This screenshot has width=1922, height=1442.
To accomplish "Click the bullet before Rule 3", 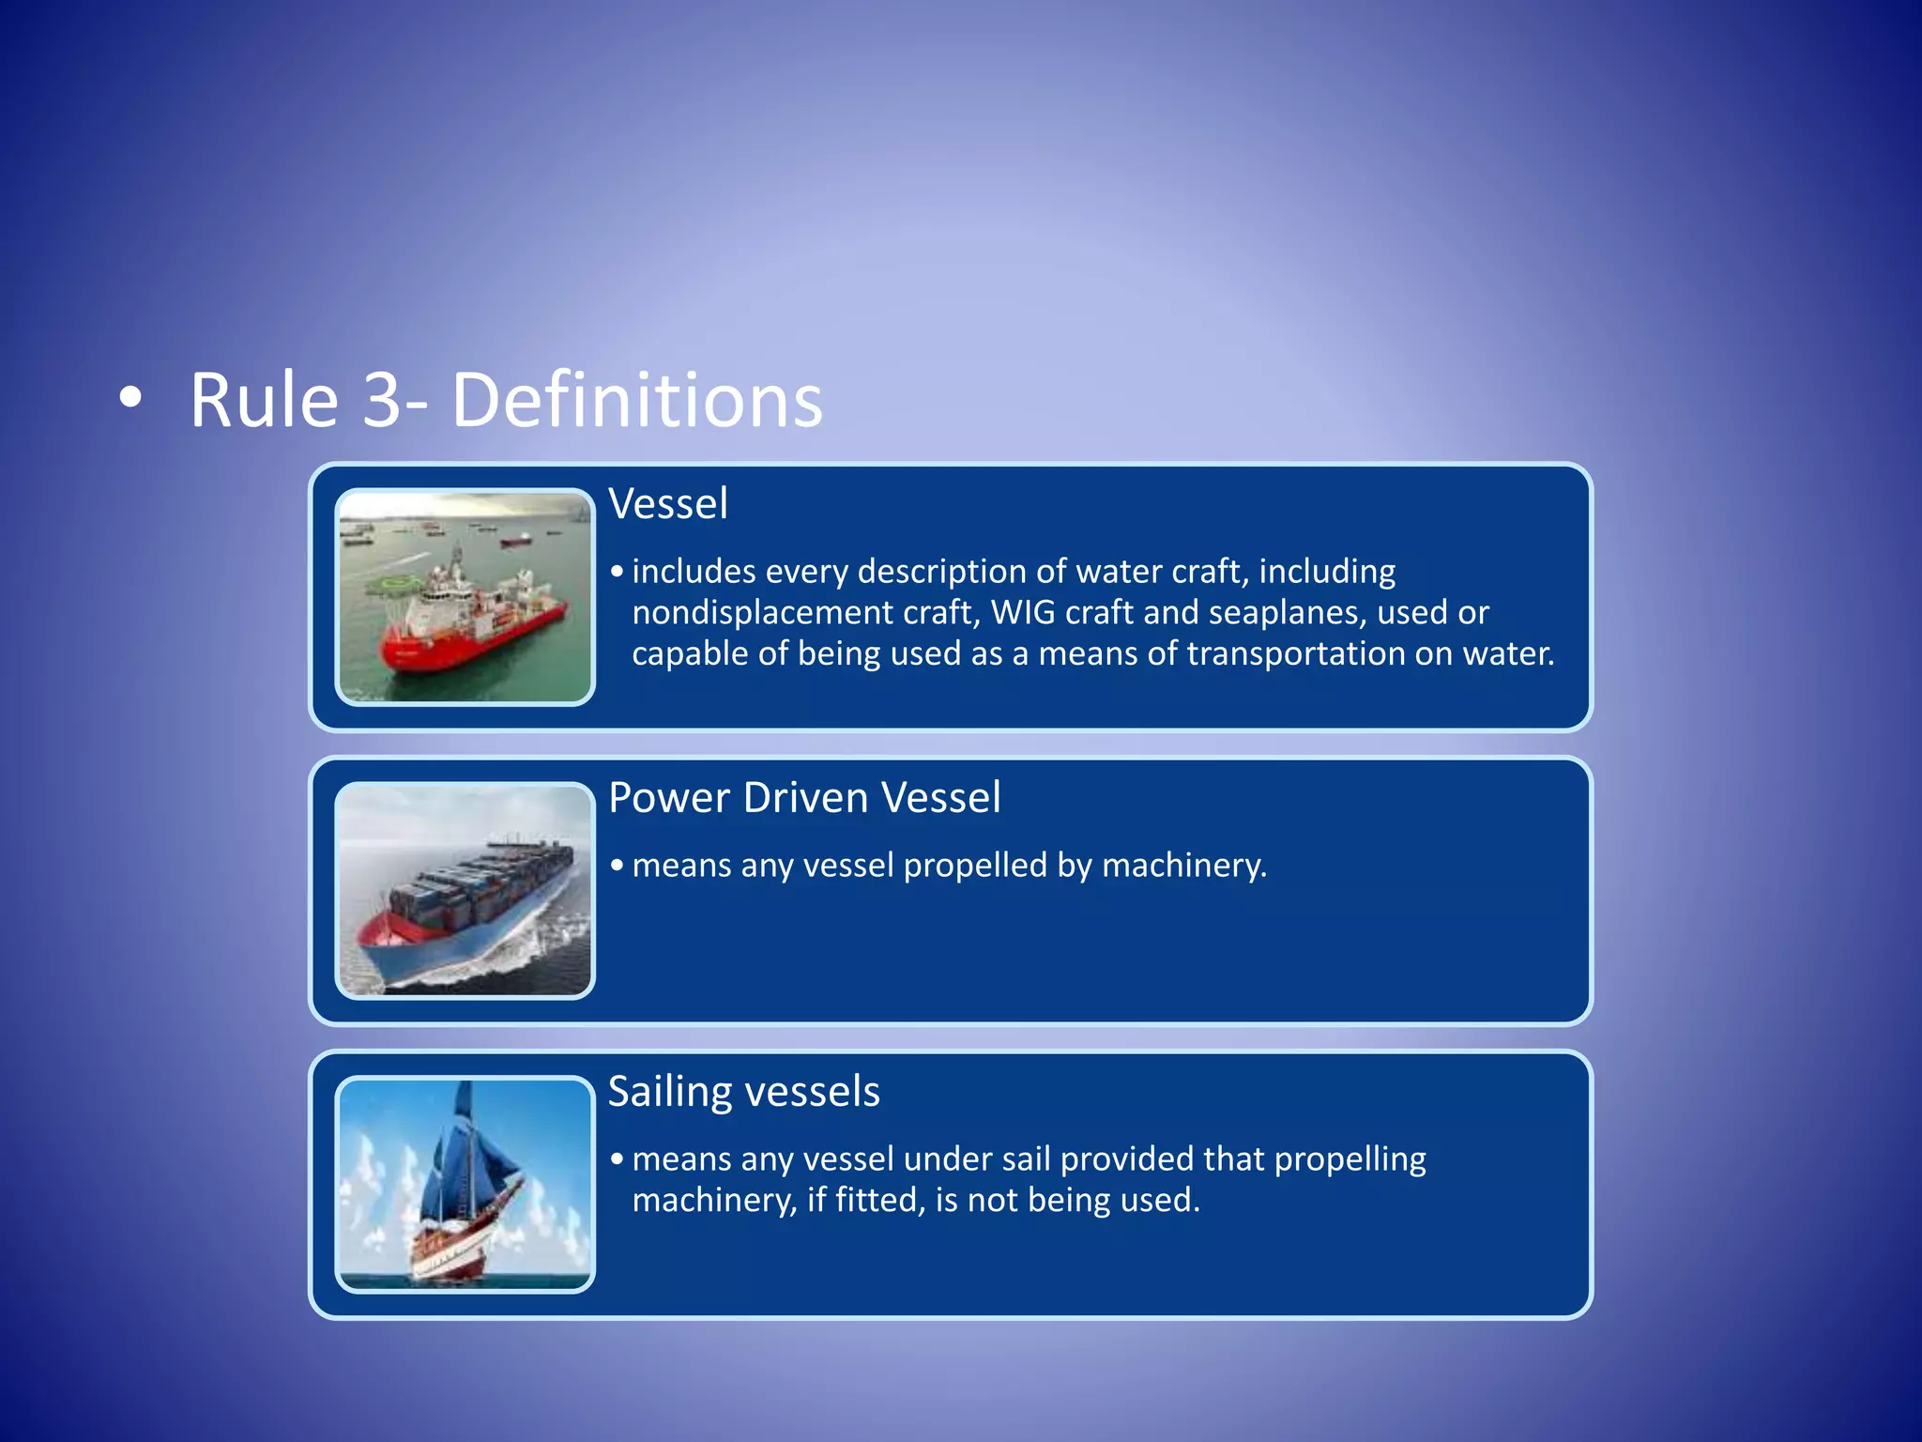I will coord(131,397).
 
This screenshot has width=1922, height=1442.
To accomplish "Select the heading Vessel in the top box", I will coord(667,504).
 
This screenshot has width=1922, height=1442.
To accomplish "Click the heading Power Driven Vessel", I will coord(804,798).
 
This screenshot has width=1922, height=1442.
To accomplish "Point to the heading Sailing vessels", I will coord(743,1092).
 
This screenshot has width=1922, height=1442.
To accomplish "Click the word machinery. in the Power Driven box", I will coord(1183,866).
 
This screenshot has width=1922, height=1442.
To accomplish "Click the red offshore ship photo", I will coord(465,597).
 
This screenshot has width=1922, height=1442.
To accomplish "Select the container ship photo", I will coord(465,891).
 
